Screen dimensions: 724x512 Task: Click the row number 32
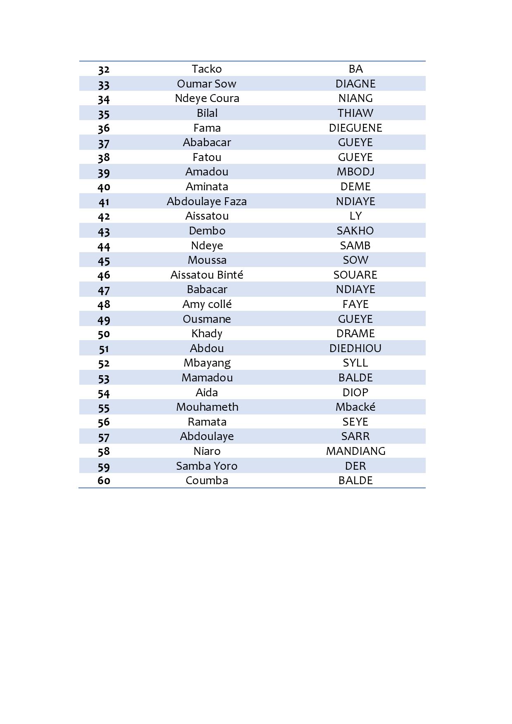click(x=104, y=69)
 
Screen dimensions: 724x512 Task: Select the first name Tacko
click(x=206, y=69)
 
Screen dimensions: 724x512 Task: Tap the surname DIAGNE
click(x=355, y=84)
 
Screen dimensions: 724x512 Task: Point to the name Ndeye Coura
click(x=207, y=98)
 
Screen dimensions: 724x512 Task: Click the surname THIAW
click(x=355, y=113)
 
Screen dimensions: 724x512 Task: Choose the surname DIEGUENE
click(x=355, y=128)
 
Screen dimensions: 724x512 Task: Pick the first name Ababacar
click(x=207, y=142)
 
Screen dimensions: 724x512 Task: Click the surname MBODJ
click(x=355, y=172)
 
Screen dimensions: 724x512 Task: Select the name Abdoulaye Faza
click(x=207, y=201)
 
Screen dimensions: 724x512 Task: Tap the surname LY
click(x=355, y=216)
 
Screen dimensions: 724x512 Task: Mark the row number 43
click(x=104, y=231)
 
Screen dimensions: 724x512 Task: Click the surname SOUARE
click(x=355, y=275)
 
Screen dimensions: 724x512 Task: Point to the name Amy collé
click(x=207, y=304)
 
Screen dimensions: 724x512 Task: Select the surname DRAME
click(x=355, y=334)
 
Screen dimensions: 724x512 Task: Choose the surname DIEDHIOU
click(x=355, y=348)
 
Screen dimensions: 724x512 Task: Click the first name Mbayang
click(x=207, y=363)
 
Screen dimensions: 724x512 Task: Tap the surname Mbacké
click(x=355, y=407)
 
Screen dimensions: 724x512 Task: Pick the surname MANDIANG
click(x=355, y=451)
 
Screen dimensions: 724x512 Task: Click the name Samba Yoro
click(x=207, y=466)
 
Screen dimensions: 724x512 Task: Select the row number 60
click(x=104, y=480)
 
